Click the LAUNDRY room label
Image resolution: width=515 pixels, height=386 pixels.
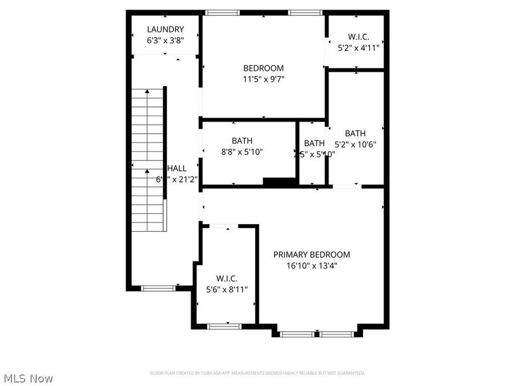tap(165, 29)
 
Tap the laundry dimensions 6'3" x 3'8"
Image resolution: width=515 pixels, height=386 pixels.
tap(165, 40)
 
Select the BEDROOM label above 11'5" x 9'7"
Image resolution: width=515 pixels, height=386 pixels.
tap(263, 68)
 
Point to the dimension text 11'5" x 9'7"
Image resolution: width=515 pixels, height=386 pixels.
tap(263, 79)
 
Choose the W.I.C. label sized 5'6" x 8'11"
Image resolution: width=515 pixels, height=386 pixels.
tap(227, 278)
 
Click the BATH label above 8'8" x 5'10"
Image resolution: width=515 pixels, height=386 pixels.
tap(242, 141)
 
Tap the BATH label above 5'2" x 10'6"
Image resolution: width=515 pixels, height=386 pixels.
tap(355, 133)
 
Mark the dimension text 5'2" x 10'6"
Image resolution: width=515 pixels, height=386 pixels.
tap(355, 144)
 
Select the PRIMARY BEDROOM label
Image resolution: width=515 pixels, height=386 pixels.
tap(311, 254)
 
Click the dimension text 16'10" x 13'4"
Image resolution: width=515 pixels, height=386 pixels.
tap(311, 265)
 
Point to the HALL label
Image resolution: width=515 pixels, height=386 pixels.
tap(177, 168)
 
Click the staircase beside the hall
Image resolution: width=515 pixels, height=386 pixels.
tap(149, 160)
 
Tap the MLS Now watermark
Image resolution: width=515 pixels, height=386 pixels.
tap(28, 378)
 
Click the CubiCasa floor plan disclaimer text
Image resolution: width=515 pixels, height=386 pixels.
tap(257, 373)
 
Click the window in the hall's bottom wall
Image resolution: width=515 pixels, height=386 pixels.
tap(159, 288)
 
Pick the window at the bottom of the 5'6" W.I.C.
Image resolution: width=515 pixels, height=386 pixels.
tap(224, 326)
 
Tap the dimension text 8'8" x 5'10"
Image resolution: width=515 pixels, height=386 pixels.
tap(242, 152)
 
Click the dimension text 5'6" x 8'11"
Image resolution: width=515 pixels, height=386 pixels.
tap(227, 289)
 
